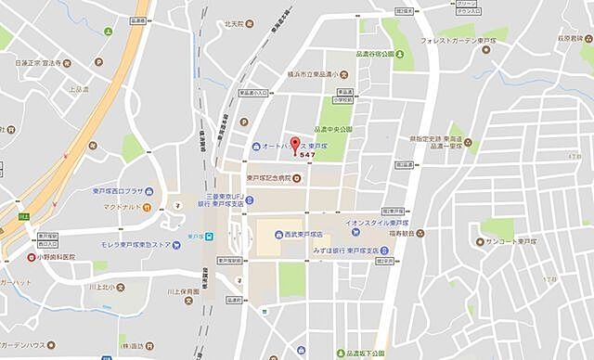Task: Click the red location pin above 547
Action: [x=296, y=144]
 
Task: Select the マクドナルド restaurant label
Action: [x=122, y=206]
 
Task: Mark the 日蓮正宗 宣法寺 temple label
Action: [x=37, y=63]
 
